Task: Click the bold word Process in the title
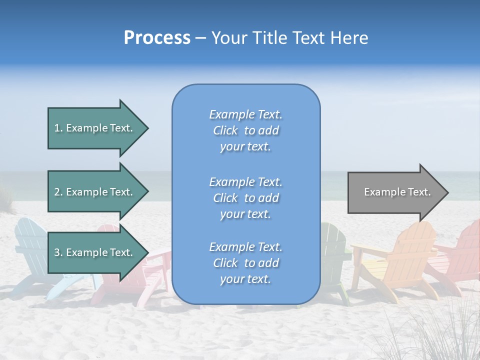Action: coord(157,38)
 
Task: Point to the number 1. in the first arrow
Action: coord(58,128)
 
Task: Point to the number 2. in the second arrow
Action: coord(58,192)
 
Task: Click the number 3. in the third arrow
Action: coord(58,252)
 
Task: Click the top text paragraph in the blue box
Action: coord(245,130)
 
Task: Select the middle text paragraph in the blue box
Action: coord(245,198)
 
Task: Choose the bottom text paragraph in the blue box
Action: coord(245,263)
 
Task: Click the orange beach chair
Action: coord(395,260)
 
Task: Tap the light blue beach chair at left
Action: coord(30,250)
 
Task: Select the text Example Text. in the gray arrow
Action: coord(397,192)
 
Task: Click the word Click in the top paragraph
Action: coord(225,130)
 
